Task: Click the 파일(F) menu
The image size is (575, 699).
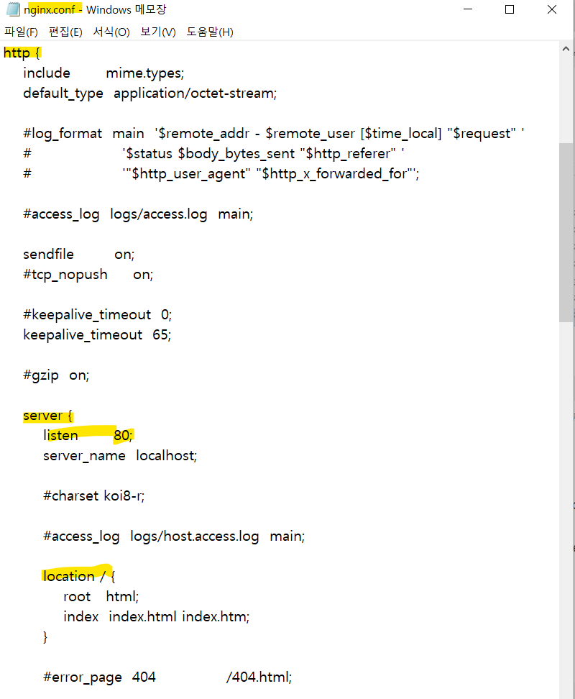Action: tap(21, 32)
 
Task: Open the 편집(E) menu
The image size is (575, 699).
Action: tap(65, 32)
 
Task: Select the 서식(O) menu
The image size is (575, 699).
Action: tap(111, 32)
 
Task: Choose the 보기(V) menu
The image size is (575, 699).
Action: tap(158, 32)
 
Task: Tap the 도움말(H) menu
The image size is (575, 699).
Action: tap(210, 32)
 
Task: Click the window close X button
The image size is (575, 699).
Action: tap(551, 10)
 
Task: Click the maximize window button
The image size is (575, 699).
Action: tap(510, 10)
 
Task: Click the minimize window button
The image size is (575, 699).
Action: tap(468, 10)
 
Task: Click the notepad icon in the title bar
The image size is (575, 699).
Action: tap(12, 9)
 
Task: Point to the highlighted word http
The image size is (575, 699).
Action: tap(17, 53)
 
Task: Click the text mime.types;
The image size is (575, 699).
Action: tap(145, 73)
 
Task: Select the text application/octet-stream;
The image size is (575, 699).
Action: tap(195, 93)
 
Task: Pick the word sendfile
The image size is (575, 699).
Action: tap(48, 254)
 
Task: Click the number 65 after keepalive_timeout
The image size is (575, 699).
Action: tap(162, 334)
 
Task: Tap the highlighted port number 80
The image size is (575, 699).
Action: tap(123, 435)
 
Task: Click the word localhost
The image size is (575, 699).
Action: tap(166, 455)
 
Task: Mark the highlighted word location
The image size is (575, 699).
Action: tap(68, 576)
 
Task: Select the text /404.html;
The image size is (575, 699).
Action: tap(259, 677)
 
